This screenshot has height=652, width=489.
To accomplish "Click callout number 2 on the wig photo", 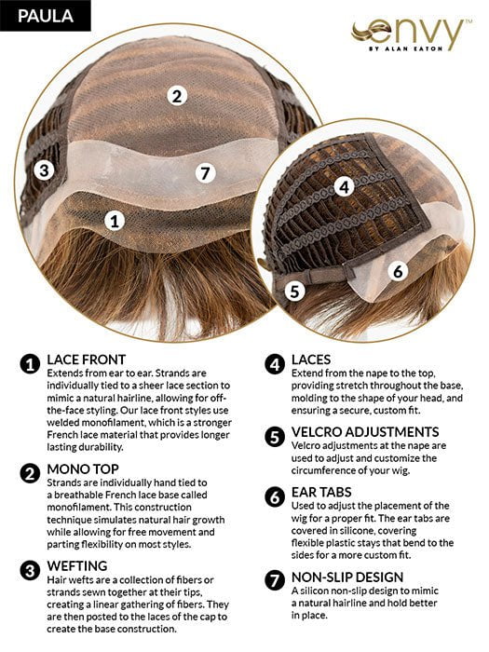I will tap(176, 94).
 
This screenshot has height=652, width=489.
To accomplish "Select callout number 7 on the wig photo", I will tap(207, 172).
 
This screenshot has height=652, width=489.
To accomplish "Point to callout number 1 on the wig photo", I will tap(115, 221).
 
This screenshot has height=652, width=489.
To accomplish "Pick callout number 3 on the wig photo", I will tap(43, 170).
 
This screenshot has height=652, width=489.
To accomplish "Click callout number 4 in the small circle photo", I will tap(344, 186).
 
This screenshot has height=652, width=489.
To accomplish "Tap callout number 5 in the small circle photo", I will tap(295, 291).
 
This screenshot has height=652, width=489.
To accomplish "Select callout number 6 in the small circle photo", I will tap(397, 271).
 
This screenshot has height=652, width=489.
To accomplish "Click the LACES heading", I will tap(317, 359).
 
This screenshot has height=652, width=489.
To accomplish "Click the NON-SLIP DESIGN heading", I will tap(347, 577).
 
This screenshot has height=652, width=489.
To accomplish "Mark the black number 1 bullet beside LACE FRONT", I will tap(31, 360).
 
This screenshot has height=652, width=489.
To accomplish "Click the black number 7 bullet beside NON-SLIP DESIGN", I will tap(275, 578).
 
